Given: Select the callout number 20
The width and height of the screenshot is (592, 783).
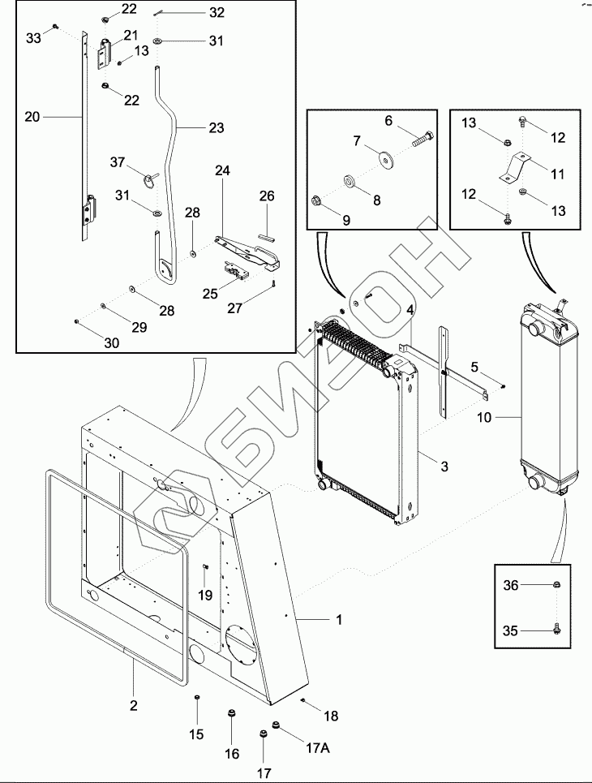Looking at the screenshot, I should pos(32,117).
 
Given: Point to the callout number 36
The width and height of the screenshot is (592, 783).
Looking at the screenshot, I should pos(509,585).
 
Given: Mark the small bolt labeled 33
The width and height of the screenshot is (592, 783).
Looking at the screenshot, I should pos(54,28).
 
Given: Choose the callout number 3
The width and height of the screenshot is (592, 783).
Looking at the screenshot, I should pos(444,467).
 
